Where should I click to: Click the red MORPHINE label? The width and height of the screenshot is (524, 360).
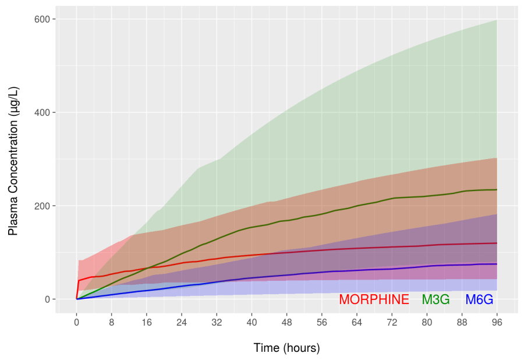374,299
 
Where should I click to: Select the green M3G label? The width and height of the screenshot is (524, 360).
436,299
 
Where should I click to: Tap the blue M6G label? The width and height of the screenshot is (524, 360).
479,299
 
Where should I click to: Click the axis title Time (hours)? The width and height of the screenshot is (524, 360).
286,348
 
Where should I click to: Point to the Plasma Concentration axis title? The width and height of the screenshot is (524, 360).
13,160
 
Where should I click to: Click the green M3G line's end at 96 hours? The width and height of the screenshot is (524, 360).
497,189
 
